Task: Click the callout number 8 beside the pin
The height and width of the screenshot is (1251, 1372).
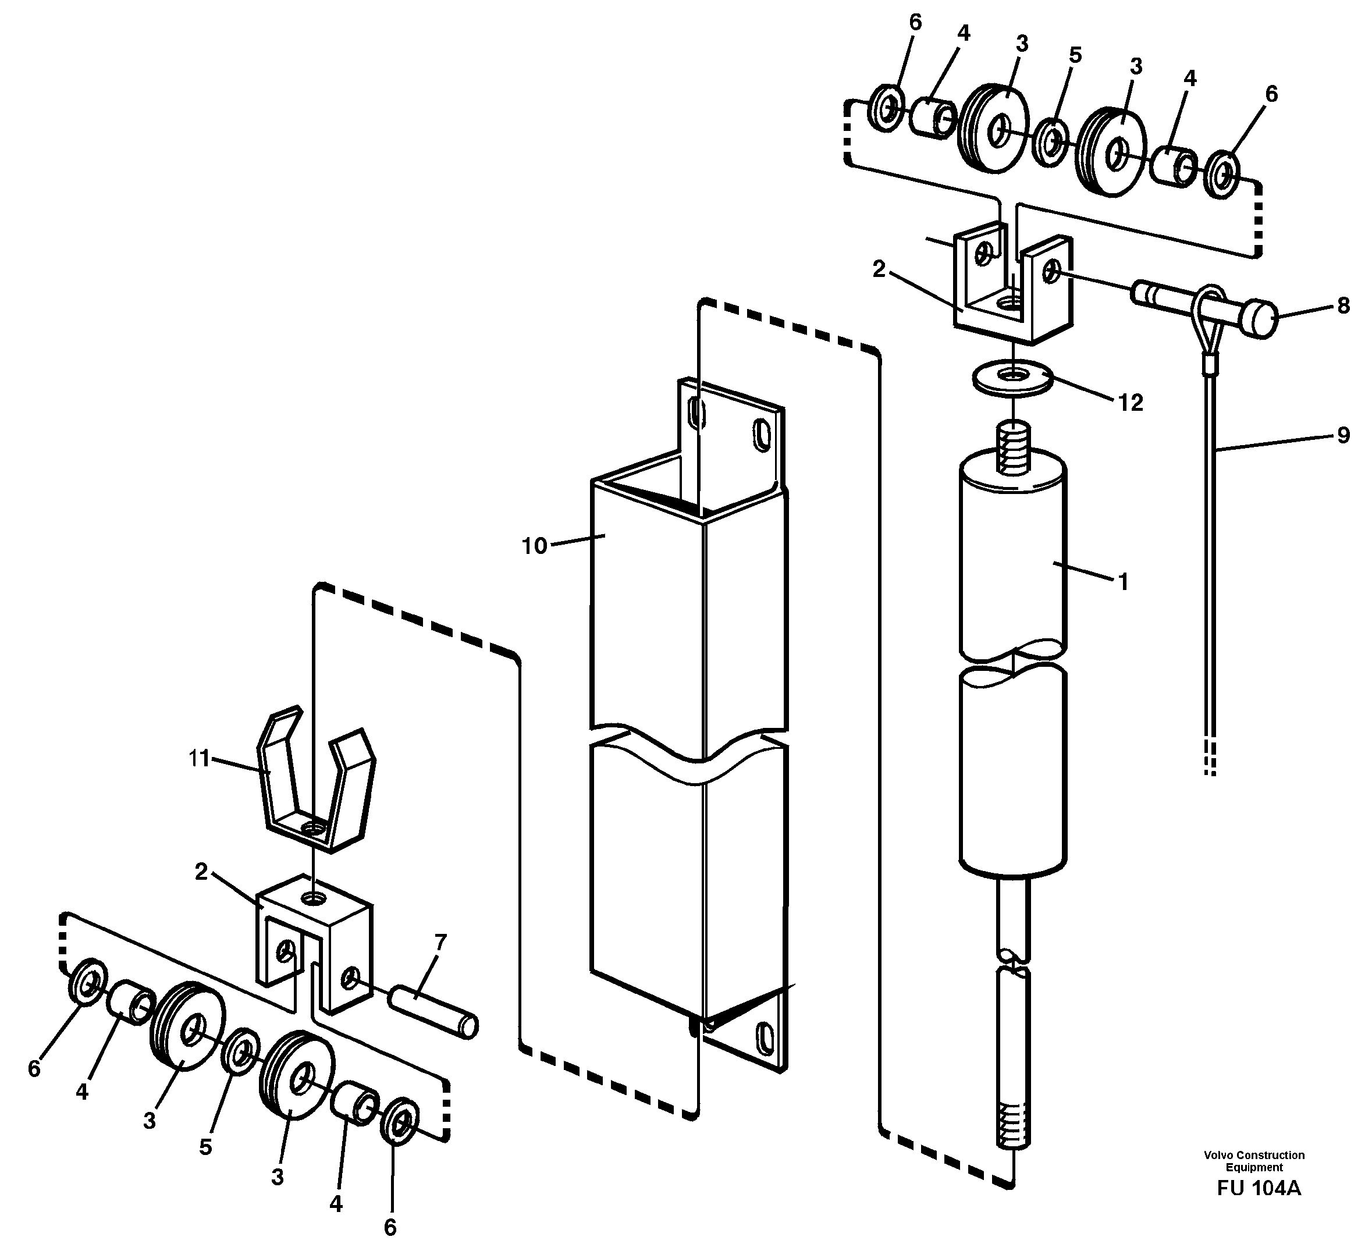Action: click(1343, 305)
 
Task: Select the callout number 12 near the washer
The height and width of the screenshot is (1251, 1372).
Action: click(1131, 403)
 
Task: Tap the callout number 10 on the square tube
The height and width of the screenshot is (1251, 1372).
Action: click(534, 546)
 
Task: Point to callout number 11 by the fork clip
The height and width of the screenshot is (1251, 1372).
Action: click(199, 758)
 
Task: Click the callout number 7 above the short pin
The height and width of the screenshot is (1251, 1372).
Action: click(440, 943)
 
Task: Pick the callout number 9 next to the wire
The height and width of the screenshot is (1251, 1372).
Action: click(1343, 435)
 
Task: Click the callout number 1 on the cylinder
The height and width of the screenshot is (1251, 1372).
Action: click(1124, 582)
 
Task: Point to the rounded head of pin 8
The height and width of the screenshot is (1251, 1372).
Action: click(1260, 320)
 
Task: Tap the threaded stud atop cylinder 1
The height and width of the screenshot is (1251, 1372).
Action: click(1014, 447)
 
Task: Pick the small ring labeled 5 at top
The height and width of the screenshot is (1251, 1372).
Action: click(1051, 141)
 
